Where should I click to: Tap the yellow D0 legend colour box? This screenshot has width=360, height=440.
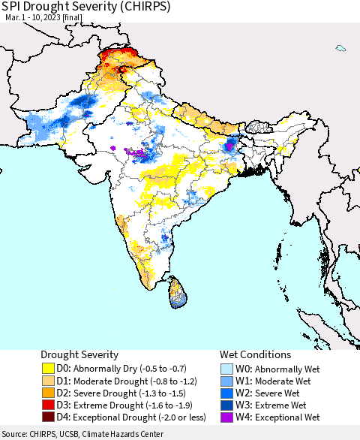pyautogui.click(x=48, y=369)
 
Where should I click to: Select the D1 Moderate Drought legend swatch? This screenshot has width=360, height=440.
pyautogui.click(x=48, y=381)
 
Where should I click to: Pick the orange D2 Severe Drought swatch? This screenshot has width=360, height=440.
pyautogui.click(x=48, y=393)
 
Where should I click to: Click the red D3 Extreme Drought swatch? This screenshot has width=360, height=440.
pyautogui.click(x=48, y=405)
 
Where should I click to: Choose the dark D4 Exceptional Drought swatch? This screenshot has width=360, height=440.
pyautogui.click(x=48, y=417)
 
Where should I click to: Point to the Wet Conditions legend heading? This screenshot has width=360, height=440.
pyautogui.click(x=255, y=354)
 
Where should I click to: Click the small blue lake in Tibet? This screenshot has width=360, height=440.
pyautogui.click(x=340, y=48)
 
